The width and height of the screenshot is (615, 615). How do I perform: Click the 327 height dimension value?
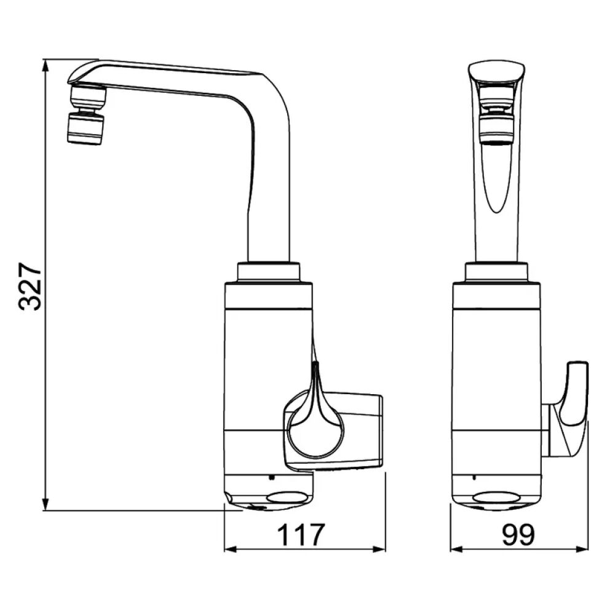pyautogui.click(x=30, y=285)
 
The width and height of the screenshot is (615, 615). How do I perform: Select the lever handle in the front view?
pyautogui.click(x=573, y=400)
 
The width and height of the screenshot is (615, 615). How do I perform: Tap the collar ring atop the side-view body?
pyautogui.click(x=268, y=271)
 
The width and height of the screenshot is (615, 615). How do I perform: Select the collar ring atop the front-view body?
pyautogui.click(x=496, y=271)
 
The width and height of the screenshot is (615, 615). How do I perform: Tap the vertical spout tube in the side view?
pyautogui.click(x=269, y=203)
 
